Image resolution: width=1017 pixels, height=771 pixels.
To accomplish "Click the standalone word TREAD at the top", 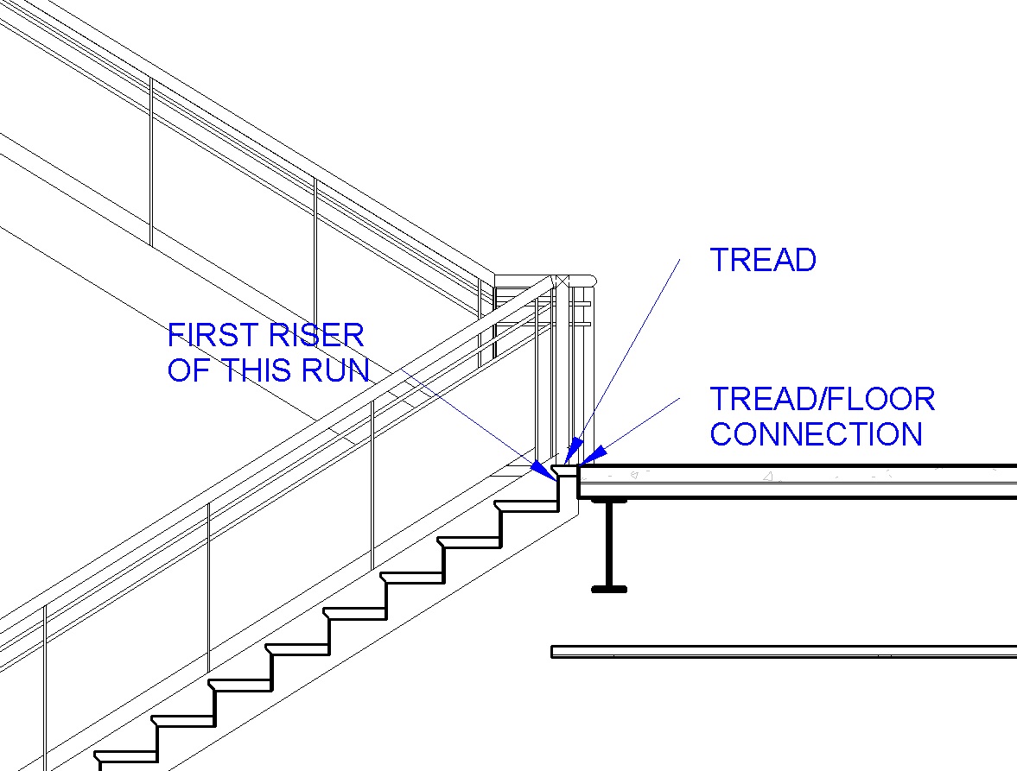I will coord(763,260).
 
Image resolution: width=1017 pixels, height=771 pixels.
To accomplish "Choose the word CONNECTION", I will coord(816,433).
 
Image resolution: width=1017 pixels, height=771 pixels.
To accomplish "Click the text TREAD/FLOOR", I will coord(822,399).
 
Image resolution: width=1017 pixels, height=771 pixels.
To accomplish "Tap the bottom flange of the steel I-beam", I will coord(609,589).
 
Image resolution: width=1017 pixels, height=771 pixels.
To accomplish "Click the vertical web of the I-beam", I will coord(609,544).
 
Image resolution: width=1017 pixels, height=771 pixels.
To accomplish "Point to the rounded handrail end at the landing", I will coord(588,281).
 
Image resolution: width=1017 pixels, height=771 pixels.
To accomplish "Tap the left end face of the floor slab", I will coord(579,482).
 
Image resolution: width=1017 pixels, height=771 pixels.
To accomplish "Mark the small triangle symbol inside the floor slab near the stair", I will coord(635,473).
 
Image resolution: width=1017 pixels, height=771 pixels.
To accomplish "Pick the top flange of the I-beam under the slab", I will coord(609,500).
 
